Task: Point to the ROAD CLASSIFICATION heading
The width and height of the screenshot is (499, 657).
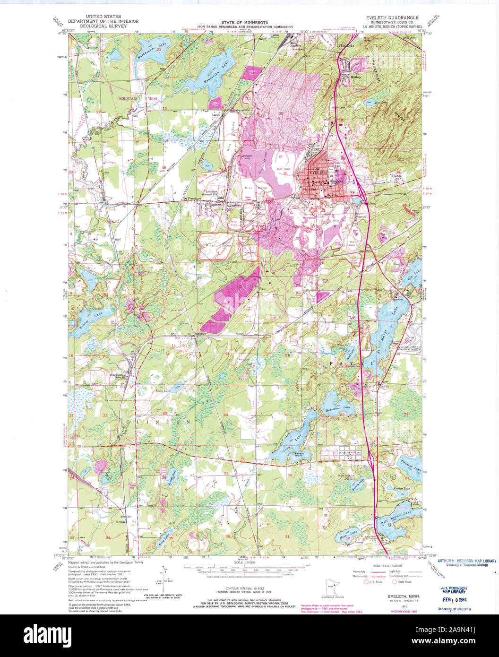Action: pyautogui.click(x=387, y=566)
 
